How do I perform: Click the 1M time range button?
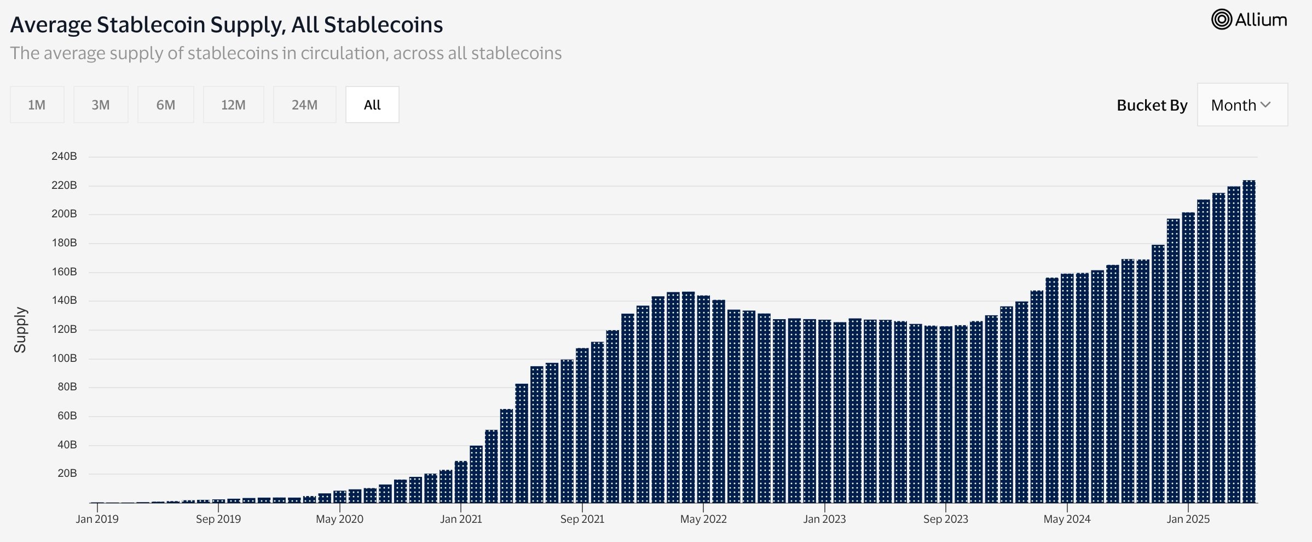tap(37, 105)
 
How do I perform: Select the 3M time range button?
tap(101, 105)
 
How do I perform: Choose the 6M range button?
tap(166, 105)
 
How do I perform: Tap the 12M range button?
tap(233, 105)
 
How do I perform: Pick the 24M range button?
tap(304, 105)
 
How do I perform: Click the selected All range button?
tap(372, 105)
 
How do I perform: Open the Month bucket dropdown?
tap(1241, 105)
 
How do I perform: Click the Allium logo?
tap(1249, 20)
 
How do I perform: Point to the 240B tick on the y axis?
tap(64, 157)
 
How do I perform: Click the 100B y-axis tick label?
tap(64, 359)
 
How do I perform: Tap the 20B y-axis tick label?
tap(67, 474)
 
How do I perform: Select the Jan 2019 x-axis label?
tap(97, 519)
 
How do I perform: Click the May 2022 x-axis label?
tap(703, 519)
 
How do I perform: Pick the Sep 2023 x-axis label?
tap(945, 519)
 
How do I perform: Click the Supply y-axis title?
tap(20, 330)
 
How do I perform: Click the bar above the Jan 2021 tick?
tap(461, 482)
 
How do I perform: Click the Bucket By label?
tap(1152, 105)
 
